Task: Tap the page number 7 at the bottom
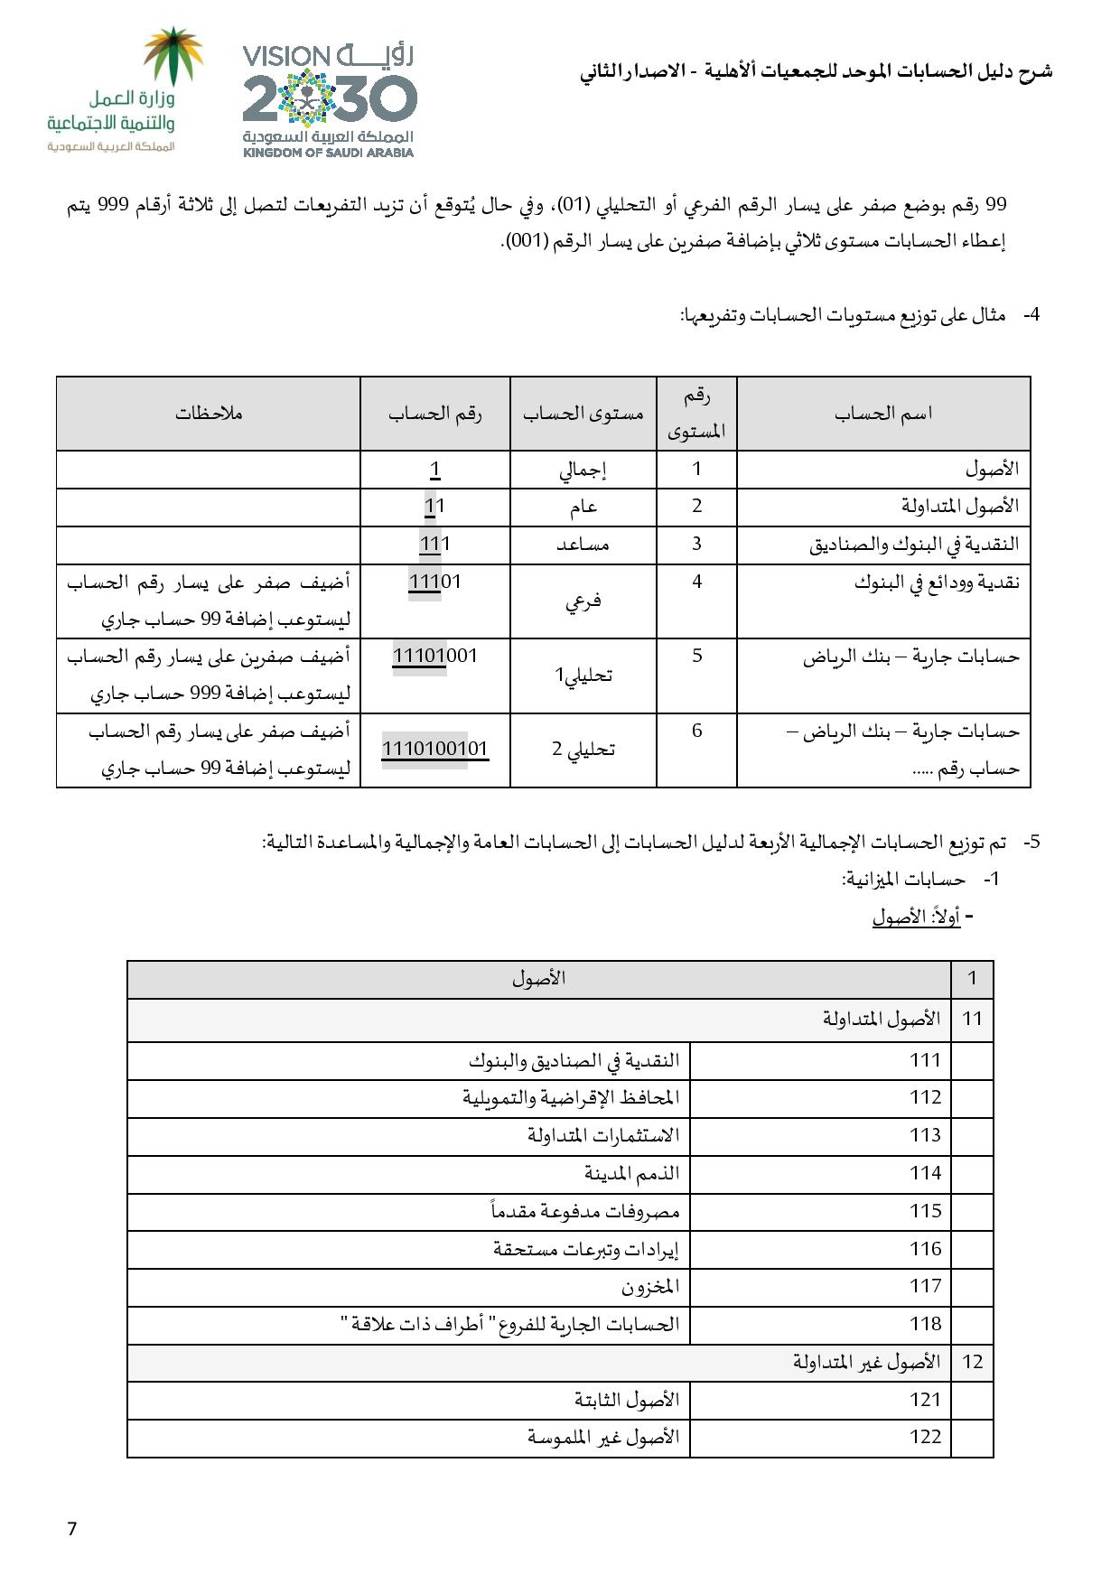coord(72,1529)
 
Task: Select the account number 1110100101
coord(434,749)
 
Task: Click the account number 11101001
coord(434,656)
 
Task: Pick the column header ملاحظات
coord(209,414)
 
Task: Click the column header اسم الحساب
coord(882,414)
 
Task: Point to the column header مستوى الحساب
coord(583,414)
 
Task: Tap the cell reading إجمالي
coord(583,470)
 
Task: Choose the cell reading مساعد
coord(583,545)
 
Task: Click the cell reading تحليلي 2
coord(583,750)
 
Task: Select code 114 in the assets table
coord(925,1173)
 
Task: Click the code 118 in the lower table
coord(925,1324)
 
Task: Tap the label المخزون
coord(650,1286)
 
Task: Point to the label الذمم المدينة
coord(631,1173)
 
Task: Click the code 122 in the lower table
coord(925,1437)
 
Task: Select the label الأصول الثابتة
coord(627,1400)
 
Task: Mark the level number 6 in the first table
coord(696,731)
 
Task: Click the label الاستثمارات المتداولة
coord(603,1135)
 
